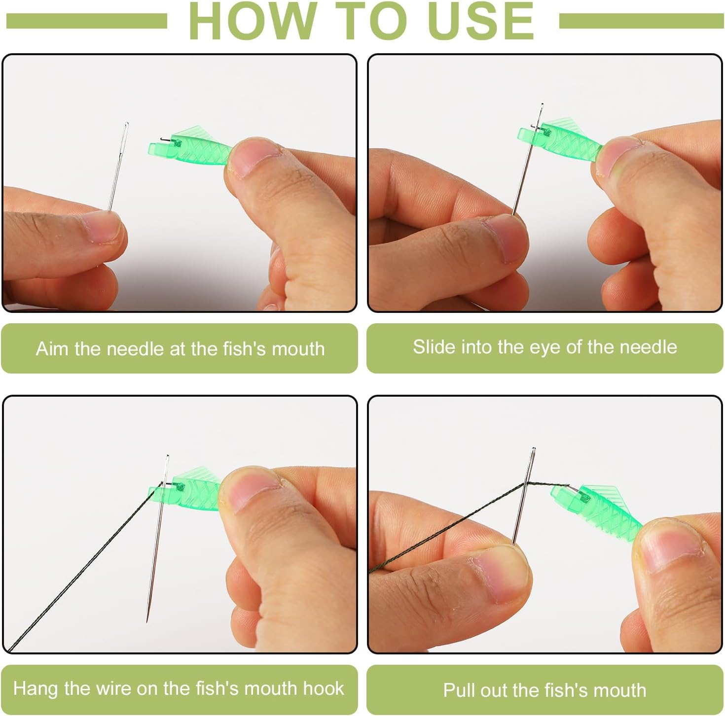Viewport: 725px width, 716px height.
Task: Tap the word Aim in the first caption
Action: click(x=52, y=349)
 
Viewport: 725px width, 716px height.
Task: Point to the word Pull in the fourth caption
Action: click(x=459, y=690)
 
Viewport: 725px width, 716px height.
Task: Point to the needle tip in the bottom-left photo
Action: click(x=147, y=620)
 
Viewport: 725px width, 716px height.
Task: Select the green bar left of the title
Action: click(x=86, y=21)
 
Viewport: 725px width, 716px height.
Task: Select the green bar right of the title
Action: click(x=641, y=21)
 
